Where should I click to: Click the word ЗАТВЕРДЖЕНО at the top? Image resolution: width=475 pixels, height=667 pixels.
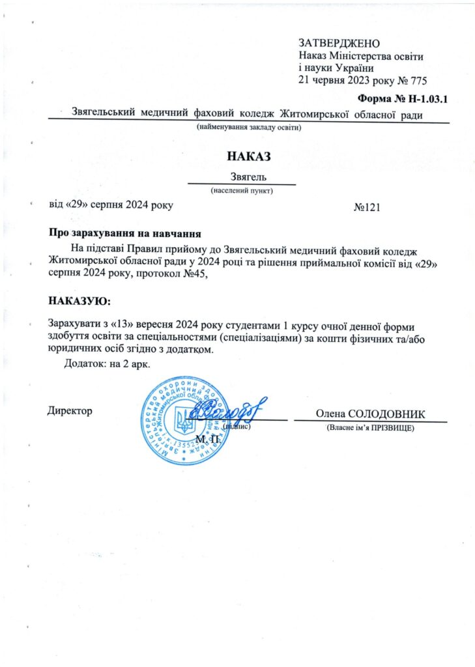pos(339,43)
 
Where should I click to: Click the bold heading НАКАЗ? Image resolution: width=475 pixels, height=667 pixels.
pos(248,156)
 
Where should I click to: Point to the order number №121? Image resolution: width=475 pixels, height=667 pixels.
pos(366,206)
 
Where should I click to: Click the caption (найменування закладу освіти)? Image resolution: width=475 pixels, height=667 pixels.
pos(250,127)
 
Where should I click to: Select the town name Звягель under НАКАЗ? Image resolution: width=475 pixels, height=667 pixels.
pos(250,177)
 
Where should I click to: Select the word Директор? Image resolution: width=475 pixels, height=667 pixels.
pos(70,411)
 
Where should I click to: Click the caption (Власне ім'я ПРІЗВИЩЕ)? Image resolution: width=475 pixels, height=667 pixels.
pos(369,429)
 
